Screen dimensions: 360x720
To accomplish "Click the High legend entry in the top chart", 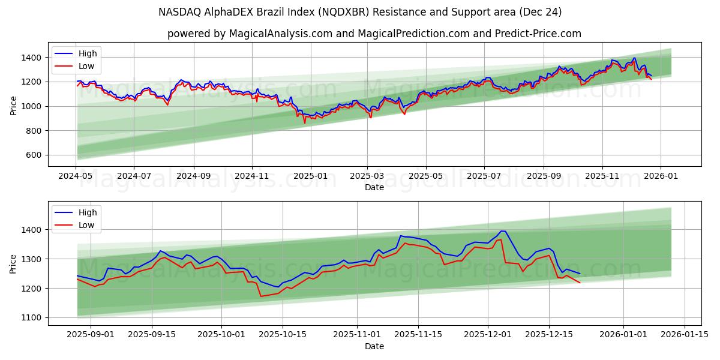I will (88, 53).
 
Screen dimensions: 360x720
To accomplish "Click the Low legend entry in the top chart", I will (86, 67).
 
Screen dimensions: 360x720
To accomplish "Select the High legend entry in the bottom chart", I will (88, 212).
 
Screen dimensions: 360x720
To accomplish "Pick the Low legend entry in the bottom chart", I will (86, 225).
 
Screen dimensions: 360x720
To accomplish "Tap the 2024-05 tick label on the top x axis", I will (76, 176).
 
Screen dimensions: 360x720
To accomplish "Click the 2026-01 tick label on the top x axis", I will (661, 176).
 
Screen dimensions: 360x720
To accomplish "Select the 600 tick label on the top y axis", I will (34, 155).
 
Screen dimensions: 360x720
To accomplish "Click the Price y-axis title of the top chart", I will (13, 105).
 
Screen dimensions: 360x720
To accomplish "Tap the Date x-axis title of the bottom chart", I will (374, 346).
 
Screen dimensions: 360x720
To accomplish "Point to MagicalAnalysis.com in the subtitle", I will (281, 34).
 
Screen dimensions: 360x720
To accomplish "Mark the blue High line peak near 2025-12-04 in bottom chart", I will (502, 231).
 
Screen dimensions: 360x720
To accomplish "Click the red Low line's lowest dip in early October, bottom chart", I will (260, 296).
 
